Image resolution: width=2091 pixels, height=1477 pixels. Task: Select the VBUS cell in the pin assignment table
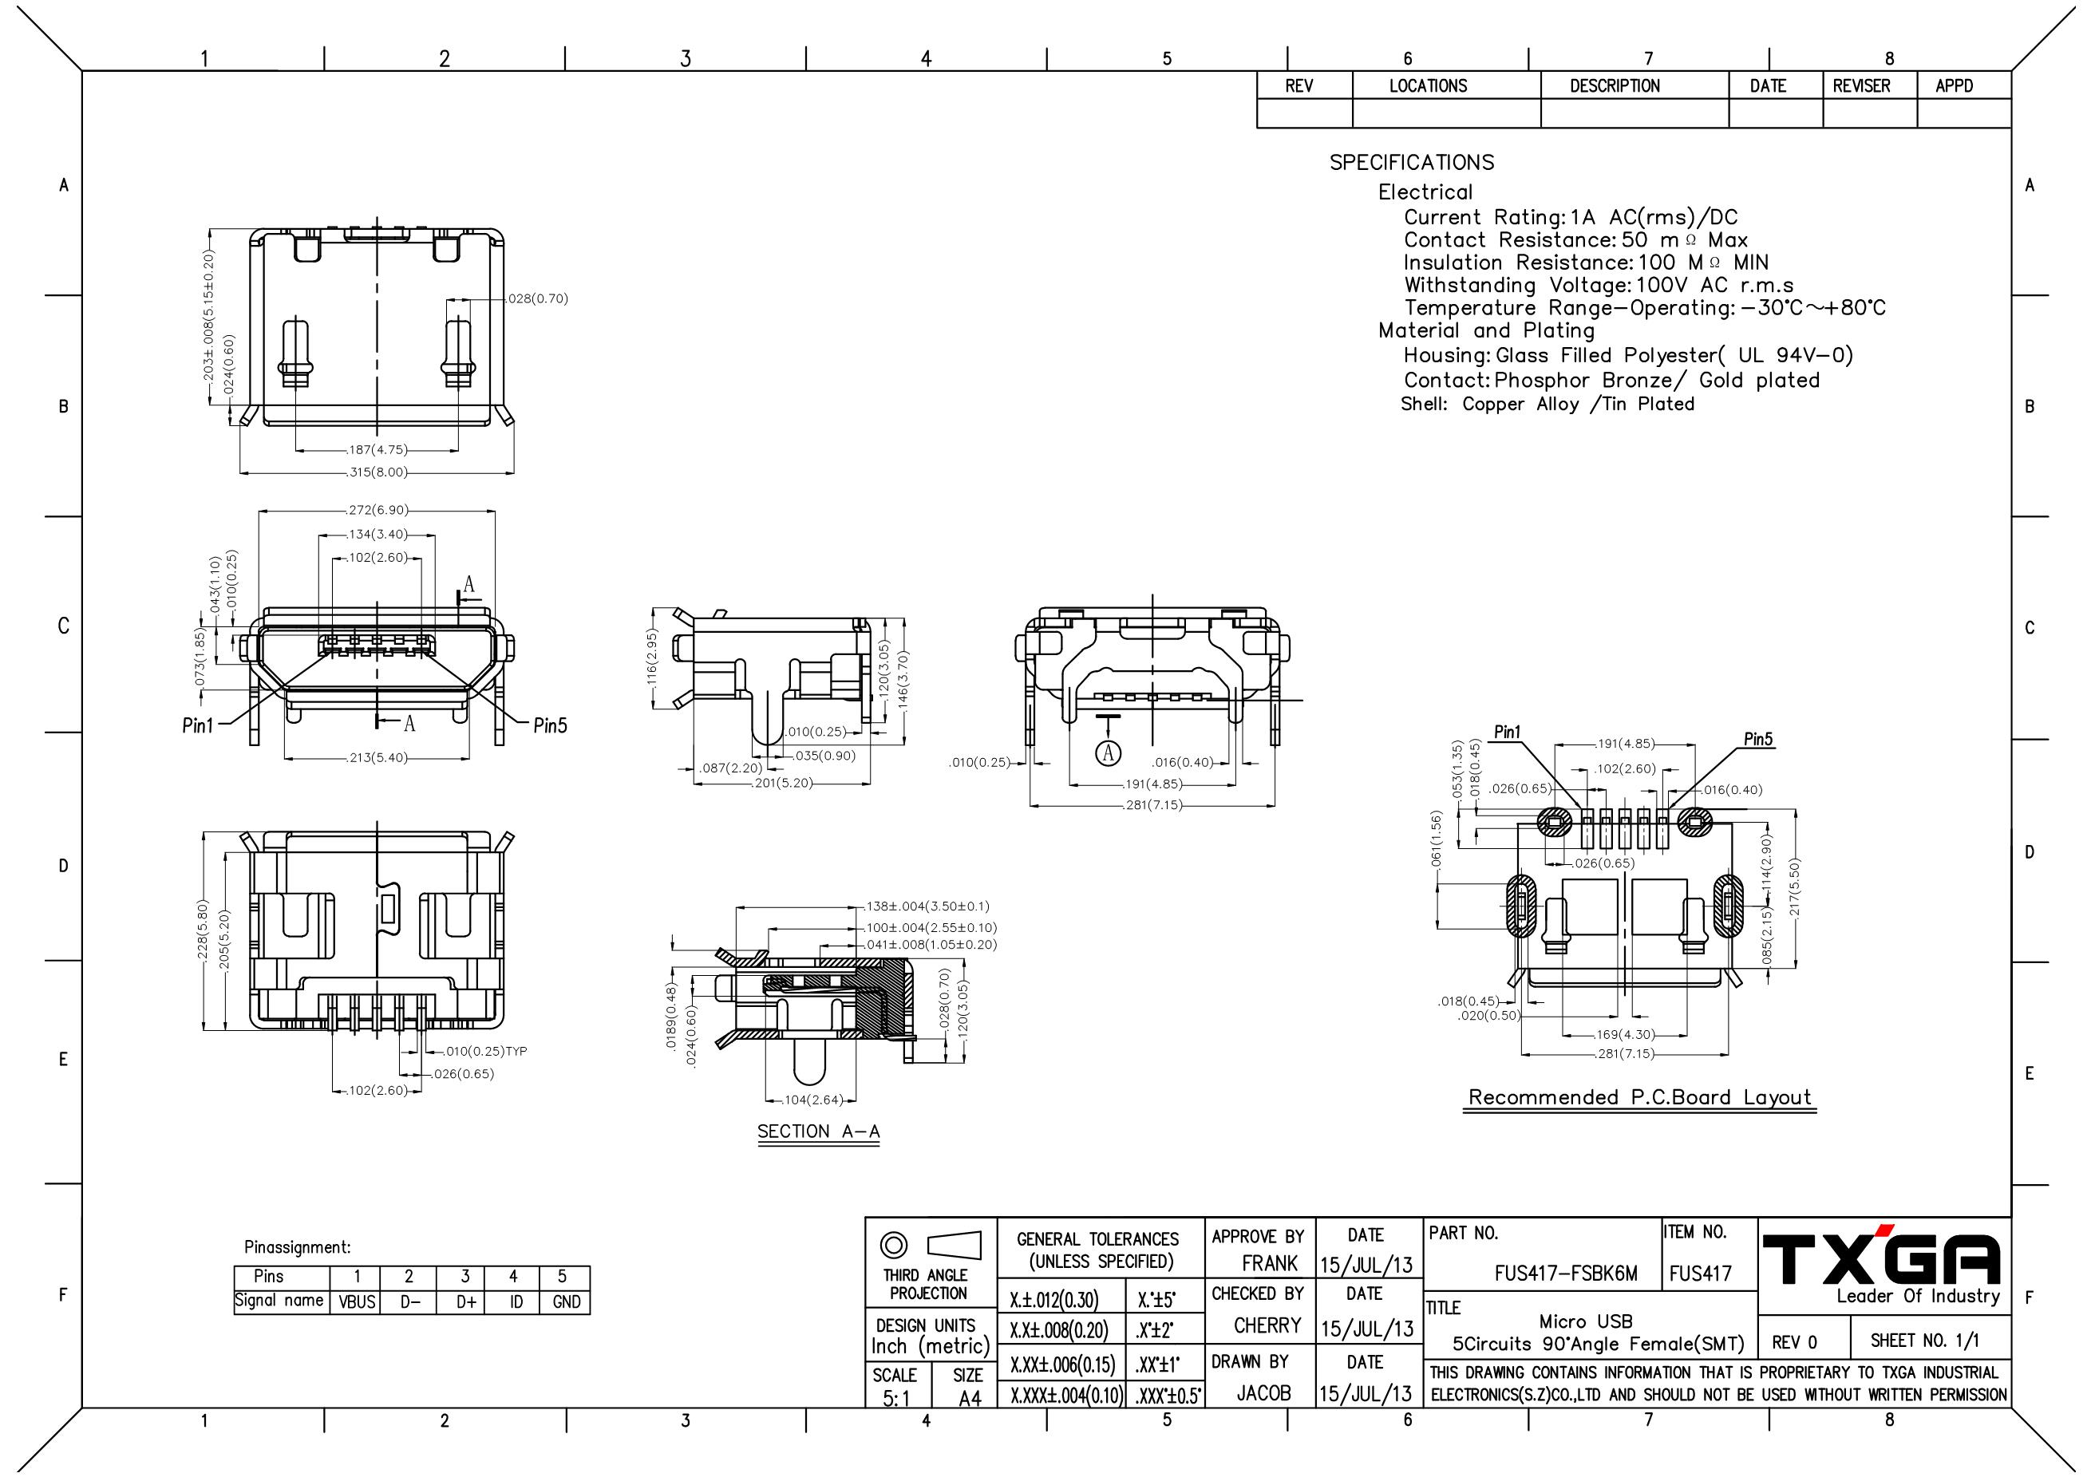tap(358, 1302)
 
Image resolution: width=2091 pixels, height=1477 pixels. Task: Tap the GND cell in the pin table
tap(567, 1302)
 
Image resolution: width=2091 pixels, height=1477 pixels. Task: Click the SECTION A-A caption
tap(819, 1131)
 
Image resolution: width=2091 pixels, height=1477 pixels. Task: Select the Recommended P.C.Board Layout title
tap(1640, 1097)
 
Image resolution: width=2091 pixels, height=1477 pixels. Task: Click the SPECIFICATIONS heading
tap(1412, 162)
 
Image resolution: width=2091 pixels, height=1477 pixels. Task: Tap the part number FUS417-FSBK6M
tap(1566, 1274)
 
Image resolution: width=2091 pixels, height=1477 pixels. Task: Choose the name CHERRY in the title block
tap(1267, 1326)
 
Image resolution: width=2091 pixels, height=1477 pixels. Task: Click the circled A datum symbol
tap(1109, 752)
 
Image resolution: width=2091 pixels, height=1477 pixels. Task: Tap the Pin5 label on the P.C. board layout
tap(1758, 739)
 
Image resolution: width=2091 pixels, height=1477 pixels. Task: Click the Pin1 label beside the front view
tap(198, 726)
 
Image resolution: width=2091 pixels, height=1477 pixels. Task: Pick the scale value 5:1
tap(896, 1398)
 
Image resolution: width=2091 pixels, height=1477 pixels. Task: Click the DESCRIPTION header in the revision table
tap(1615, 86)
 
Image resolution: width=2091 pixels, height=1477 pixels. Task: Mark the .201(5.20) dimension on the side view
tap(782, 783)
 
